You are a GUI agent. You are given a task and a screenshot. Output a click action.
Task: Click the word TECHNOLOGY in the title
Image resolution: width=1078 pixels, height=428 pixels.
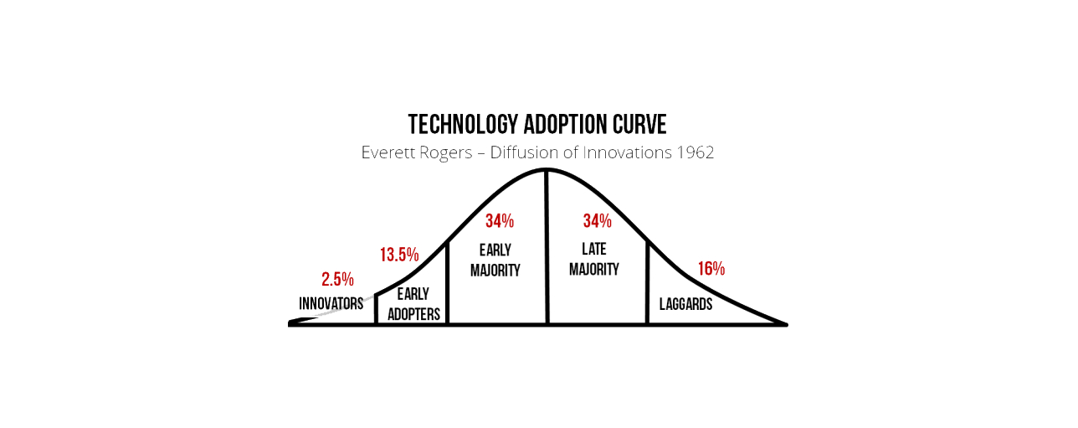coord(463,124)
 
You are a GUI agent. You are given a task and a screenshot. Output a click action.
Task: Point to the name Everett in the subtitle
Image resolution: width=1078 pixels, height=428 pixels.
coord(388,152)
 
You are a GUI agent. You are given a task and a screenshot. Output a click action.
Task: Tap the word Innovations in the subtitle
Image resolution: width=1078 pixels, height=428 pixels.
coord(627,152)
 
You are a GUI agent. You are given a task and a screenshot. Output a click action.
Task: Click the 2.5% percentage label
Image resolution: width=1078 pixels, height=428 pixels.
coord(338,279)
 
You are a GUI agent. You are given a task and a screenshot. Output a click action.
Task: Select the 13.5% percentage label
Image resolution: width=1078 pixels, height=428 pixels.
coord(399,255)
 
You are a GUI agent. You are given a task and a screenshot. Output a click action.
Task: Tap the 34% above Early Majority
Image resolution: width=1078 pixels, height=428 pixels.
coord(500,221)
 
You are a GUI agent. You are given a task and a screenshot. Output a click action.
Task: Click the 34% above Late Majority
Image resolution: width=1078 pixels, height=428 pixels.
coord(598,221)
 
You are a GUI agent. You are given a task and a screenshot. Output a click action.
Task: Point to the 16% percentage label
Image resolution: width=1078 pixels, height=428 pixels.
coord(711,269)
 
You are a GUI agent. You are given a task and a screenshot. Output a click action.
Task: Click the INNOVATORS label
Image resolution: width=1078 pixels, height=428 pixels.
coord(331,303)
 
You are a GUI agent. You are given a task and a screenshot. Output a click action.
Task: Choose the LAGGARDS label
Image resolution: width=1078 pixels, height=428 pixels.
coord(685,304)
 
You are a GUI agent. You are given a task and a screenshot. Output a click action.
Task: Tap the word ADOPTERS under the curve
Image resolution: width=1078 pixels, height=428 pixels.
coord(413,314)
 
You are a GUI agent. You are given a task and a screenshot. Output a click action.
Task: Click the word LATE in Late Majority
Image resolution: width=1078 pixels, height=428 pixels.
coord(594,249)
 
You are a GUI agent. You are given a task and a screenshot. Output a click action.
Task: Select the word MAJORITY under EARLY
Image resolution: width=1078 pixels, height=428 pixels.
coord(495,270)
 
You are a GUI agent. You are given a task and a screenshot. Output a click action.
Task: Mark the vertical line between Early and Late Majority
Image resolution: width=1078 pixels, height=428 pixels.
coord(547,247)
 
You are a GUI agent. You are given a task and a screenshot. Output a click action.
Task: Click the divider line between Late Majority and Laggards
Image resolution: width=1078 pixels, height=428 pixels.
coord(647,282)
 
